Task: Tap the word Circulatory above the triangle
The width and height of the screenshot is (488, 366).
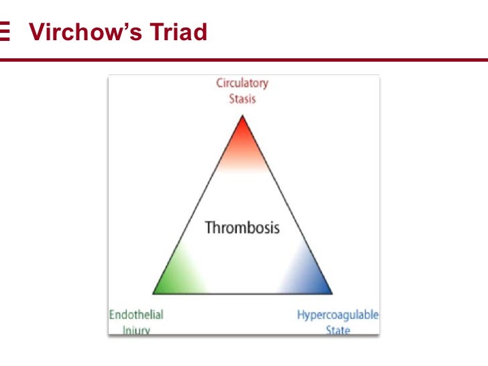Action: (x=242, y=83)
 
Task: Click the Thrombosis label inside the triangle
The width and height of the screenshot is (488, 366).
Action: (x=242, y=227)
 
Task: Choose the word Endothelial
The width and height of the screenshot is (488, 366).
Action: (x=136, y=314)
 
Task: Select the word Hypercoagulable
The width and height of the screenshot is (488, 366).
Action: (x=338, y=314)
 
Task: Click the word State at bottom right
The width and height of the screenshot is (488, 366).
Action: (x=338, y=330)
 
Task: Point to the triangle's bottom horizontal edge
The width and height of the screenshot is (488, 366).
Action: (x=242, y=294)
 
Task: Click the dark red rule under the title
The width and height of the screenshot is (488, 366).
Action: (x=244, y=60)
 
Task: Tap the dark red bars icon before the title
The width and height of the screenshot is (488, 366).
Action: (x=5, y=32)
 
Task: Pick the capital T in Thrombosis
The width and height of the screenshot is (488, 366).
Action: (x=208, y=227)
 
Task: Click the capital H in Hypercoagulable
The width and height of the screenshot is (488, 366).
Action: (x=301, y=314)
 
